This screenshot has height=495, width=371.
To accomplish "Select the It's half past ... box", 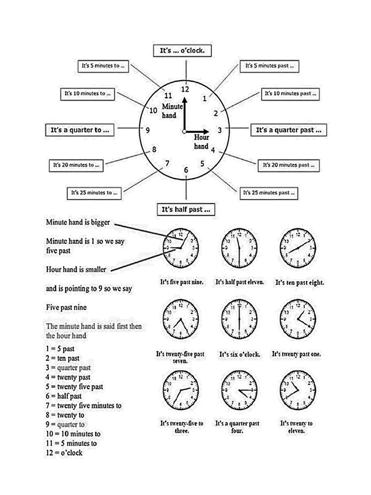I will click(x=186, y=210).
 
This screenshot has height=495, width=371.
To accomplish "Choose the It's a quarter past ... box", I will click(x=288, y=130).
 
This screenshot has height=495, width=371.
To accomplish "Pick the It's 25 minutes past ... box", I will click(x=269, y=193).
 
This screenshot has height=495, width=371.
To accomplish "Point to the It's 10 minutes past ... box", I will click(x=290, y=94).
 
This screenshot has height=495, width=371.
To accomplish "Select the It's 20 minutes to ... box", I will click(x=76, y=165).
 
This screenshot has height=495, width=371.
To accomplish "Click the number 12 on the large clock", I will click(x=185, y=88).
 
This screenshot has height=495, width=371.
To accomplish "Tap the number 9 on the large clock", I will click(x=147, y=130).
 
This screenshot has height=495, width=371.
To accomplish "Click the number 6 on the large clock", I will click(x=186, y=170).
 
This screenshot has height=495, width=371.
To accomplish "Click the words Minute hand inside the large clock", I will click(x=172, y=111).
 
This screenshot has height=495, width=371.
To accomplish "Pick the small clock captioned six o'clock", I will click(x=239, y=319).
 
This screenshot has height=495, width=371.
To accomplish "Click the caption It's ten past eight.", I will click(x=299, y=282).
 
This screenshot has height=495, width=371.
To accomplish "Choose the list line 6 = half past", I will click(x=64, y=396).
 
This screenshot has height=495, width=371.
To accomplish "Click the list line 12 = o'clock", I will click(x=64, y=453).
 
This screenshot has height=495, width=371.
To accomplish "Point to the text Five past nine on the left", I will click(x=67, y=307).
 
